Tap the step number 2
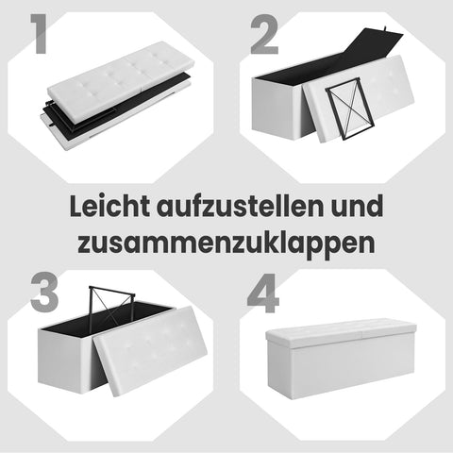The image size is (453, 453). [x=267, y=35]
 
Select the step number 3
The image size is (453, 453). [x=43, y=292]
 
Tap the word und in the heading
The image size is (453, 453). [x=359, y=205]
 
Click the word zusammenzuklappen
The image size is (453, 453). [x=226, y=241]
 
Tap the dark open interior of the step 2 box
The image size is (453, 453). [x=302, y=71]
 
